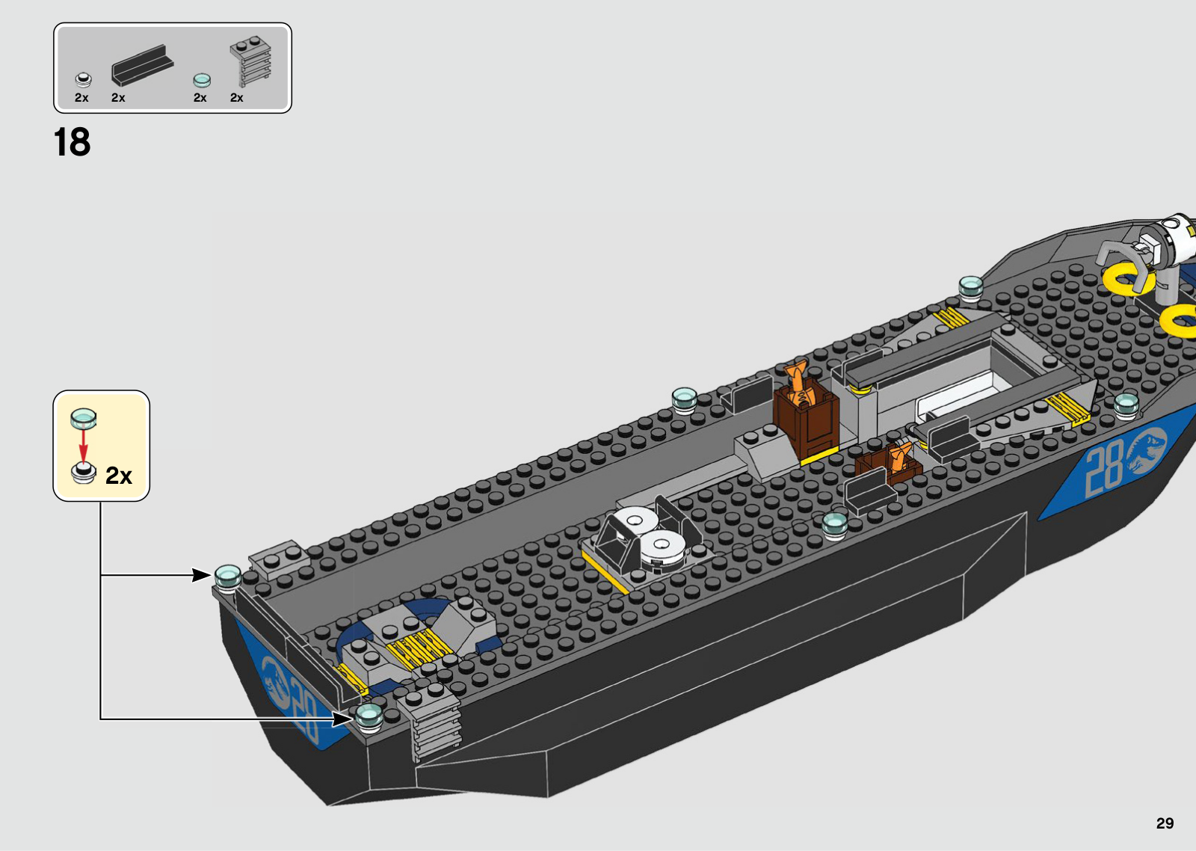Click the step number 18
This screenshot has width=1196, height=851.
point(72,142)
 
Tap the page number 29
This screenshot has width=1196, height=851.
point(1165,823)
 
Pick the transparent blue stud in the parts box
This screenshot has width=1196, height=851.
point(202,81)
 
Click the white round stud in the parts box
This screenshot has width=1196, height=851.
point(83,79)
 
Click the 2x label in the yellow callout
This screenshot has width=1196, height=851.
point(119,475)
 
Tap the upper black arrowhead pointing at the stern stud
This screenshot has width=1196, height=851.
point(201,575)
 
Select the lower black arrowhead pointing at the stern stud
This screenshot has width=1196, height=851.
point(342,719)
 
